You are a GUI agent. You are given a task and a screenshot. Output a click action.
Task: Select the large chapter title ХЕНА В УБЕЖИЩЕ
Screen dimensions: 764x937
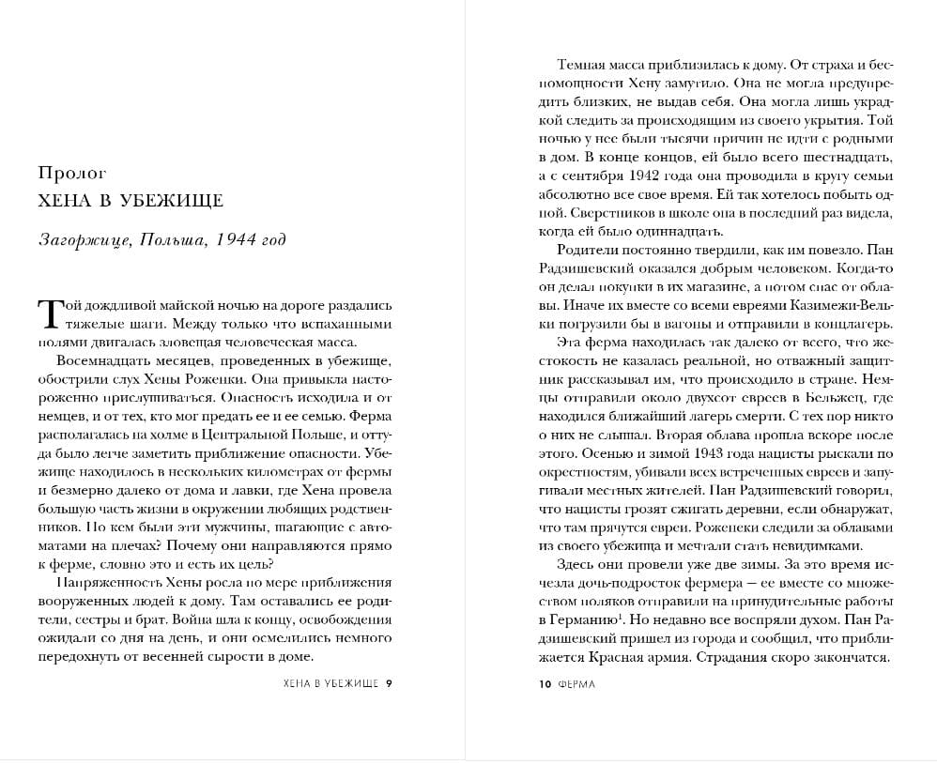pyautogui.click(x=131, y=201)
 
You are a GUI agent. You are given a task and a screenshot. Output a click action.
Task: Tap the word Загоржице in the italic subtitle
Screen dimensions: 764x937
pyautogui.click(x=83, y=239)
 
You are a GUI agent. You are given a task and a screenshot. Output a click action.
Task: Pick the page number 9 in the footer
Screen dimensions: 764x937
pyautogui.click(x=389, y=684)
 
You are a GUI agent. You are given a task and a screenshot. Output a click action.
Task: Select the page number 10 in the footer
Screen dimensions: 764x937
pyautogui.click(x=545, y=684)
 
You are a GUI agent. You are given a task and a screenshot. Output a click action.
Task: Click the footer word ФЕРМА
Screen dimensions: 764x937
pyautogui.click(x=576, y=684)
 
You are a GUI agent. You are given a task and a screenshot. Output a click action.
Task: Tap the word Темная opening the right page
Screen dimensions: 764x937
pyautogui.click(x=583, y=66)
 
